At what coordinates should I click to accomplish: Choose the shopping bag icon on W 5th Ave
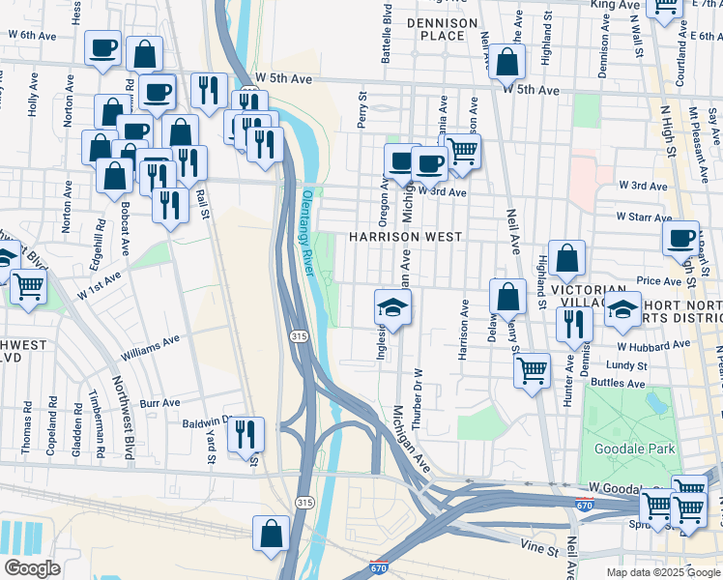click(x=506, y=63)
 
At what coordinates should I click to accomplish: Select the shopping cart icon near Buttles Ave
click(x=532, y=370)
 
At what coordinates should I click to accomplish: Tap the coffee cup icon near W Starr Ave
click(x=680, y=238)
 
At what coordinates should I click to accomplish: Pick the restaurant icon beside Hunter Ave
click(x=574, y=325)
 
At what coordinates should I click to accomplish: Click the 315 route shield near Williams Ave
click(x=297, y=334)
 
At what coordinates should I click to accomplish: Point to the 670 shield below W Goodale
click(x=584, y=505)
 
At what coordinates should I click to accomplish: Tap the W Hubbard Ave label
click(x=654, y=344)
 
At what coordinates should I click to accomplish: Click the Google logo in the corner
click(x=32, y=568)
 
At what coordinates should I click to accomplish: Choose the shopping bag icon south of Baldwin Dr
click(x=272, y=533)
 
